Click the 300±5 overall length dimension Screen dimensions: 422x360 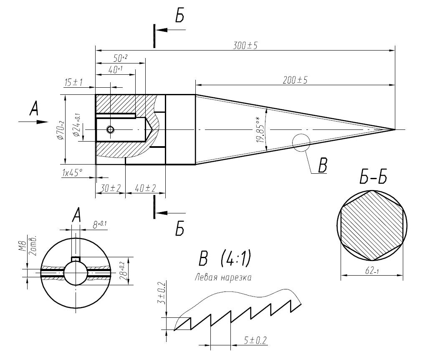[x=245, y=46]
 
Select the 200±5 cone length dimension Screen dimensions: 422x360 [x=295, y=80]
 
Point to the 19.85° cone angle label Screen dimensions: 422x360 [x=260, y=129]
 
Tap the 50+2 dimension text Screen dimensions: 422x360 [x=120, y=58]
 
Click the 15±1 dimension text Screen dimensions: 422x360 [x=73, y=82]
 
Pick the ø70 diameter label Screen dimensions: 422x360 [x=61, y=130]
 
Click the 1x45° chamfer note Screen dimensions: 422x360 [x=72, y=172]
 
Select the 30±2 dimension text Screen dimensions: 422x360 [x=110, y=188]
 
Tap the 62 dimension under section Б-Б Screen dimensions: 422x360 [x=372, y=271]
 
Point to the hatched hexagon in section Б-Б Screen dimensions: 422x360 [x=372, y=226]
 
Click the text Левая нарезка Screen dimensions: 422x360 [x=223, y=277]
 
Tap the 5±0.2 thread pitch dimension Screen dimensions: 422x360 [x=255, y=340]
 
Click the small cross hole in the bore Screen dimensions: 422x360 [x=110, y=130]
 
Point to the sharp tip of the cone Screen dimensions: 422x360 [x=395, y=129]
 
